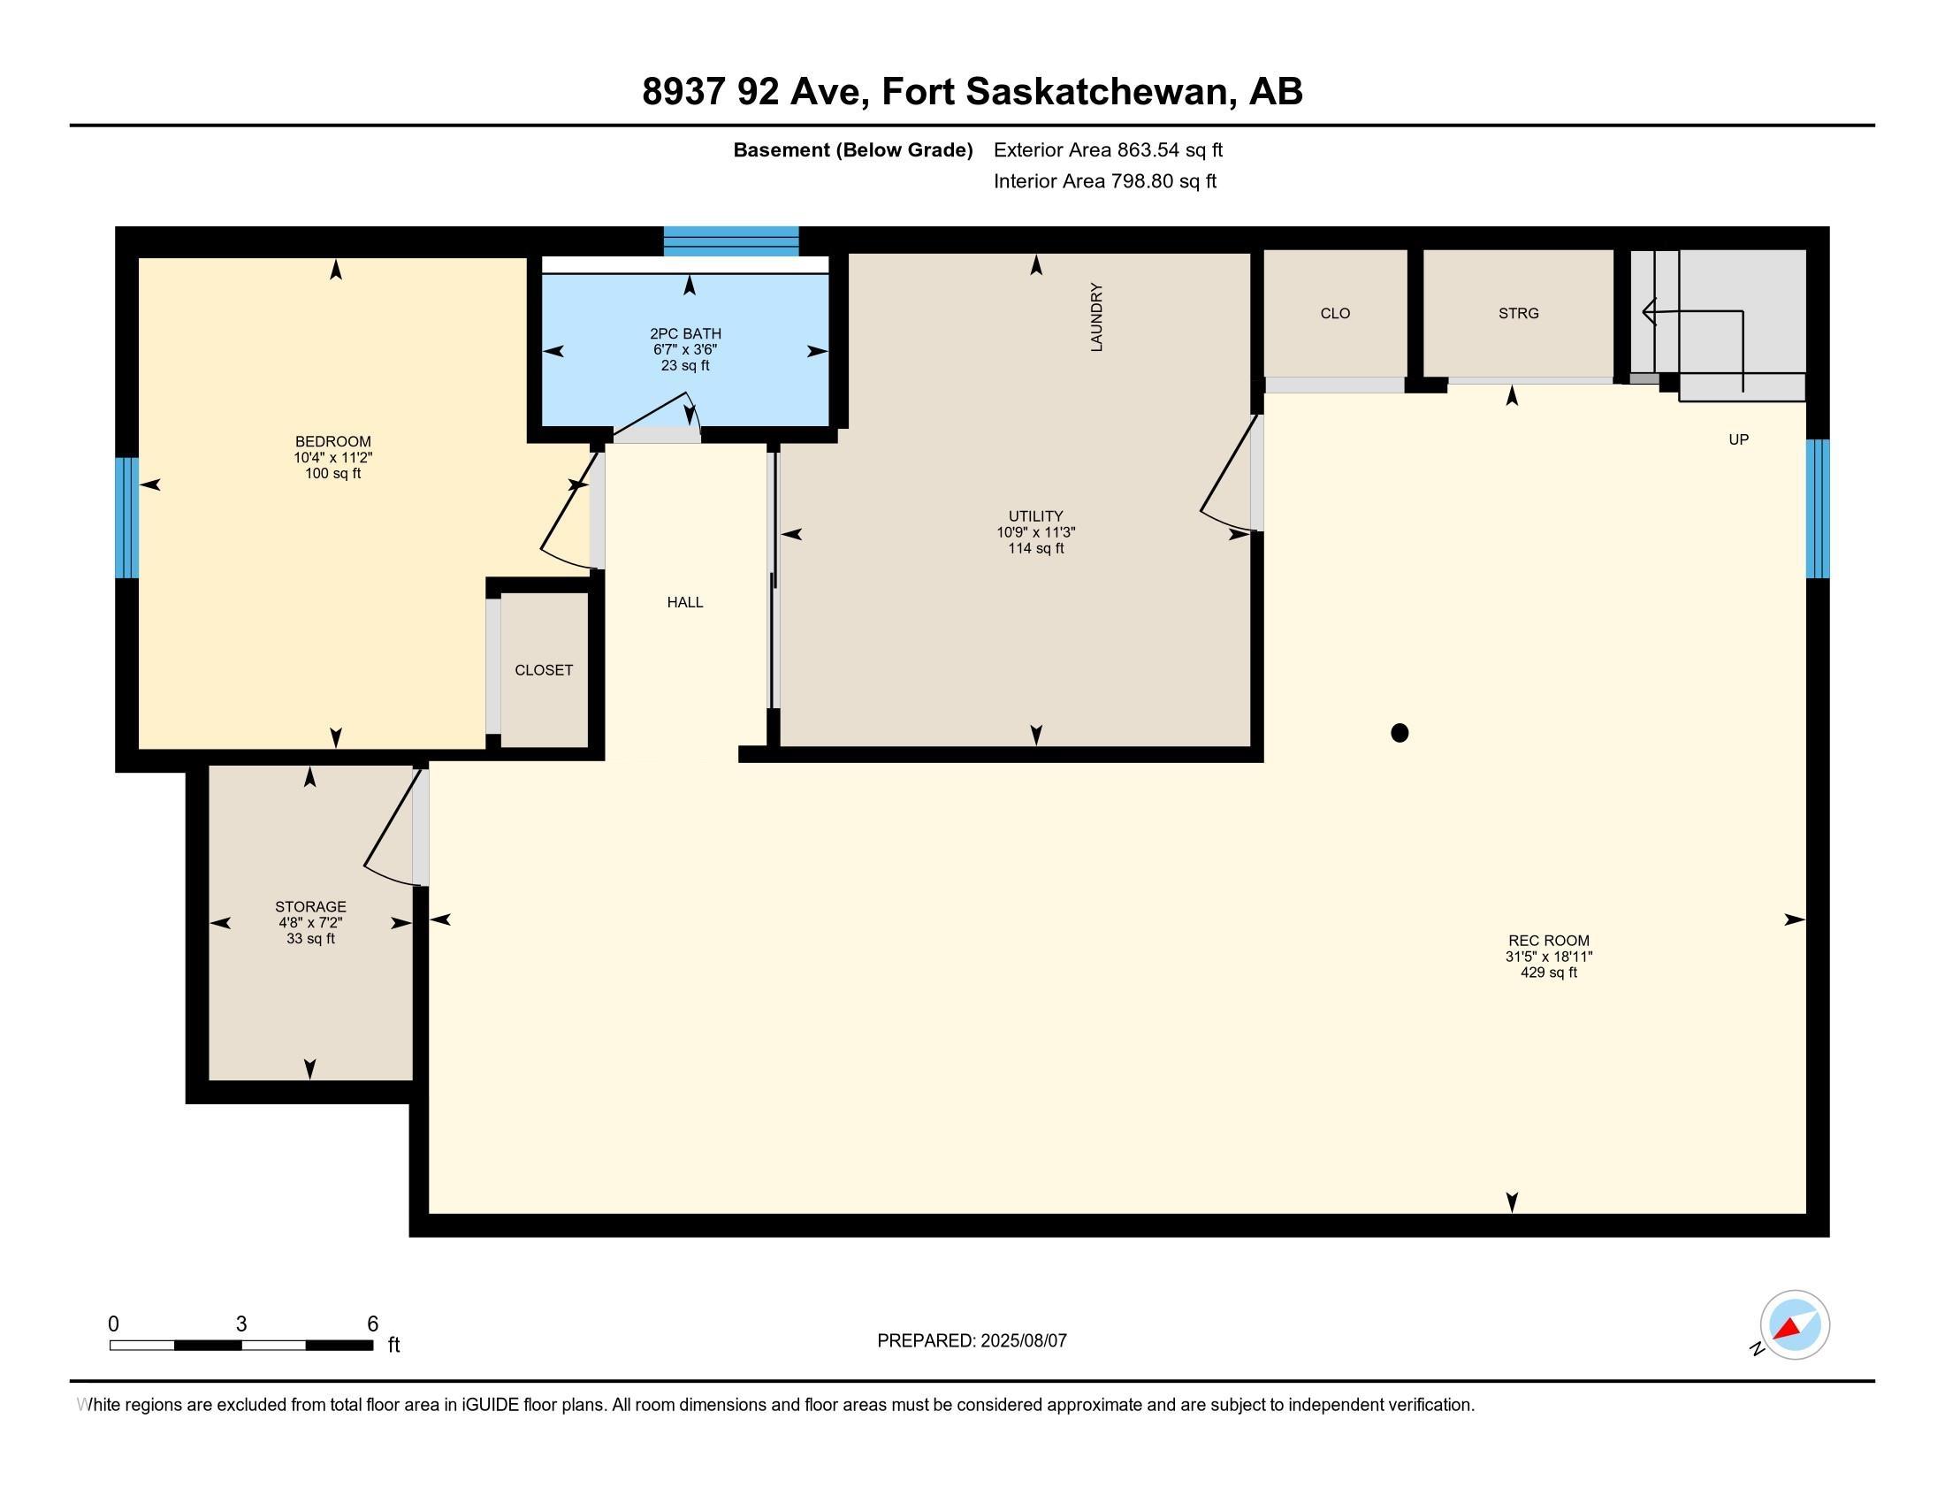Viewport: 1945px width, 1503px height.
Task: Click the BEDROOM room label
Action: [x=333, y=442]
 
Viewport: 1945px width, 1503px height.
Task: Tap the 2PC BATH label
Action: [x=686, y=334]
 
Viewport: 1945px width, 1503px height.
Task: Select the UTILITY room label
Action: [x=1036, y=516]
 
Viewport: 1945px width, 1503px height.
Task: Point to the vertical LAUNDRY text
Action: [x=1096, y=317]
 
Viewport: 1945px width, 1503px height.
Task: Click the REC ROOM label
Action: [x=1549, y=941]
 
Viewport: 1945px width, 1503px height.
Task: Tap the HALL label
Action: [x=685, y=603]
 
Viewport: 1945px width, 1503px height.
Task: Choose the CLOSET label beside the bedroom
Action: [x=543, y=670]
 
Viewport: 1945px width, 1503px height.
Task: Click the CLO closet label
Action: [x=1335, y=314]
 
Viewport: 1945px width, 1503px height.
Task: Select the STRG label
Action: [x=1518, y=314]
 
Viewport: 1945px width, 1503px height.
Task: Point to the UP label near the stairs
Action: [x=1738, y=440]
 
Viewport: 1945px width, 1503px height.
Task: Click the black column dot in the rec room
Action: [x=1400, y=733]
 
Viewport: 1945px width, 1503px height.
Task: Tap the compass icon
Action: [x=1795, y=1325]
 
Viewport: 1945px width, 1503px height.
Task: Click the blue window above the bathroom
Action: [x=731, y=241]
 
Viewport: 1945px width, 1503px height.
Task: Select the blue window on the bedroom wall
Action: [x=126, y=518]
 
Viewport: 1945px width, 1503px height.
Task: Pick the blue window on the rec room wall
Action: [x=1818, y=508]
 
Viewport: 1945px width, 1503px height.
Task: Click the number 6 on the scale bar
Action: [x=373, y=1324]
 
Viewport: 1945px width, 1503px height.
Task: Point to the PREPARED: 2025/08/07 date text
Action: [x=972, y=1341]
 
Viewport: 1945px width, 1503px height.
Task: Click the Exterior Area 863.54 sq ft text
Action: [x=1108, y=150]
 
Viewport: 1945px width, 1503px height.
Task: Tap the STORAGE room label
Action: [x=310, y=907]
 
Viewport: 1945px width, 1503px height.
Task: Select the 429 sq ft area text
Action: [x=1549, y=973]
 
